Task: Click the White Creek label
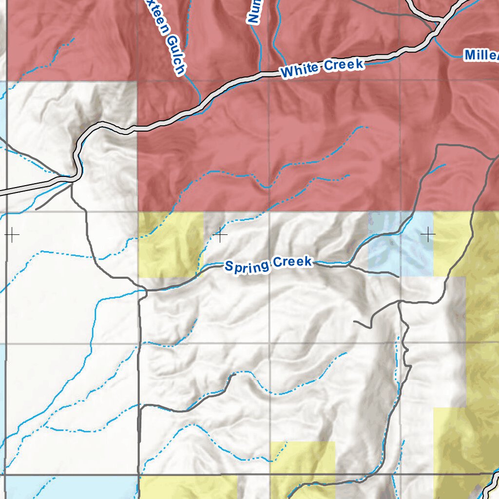pyautogui.click(x=322, y=68)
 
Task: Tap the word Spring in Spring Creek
pyautogui.click(x=247, y=266)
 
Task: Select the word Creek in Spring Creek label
pyautogui.click(x=292, y=262)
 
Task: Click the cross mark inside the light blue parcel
pyautogui.click(x=428, y=235)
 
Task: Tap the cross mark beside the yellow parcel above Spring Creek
pyautogui.click(x=220, y=235)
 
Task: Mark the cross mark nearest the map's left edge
pyautogui.click(x=12, y=235)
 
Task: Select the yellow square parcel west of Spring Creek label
pyautogui.click(x=171, y=245)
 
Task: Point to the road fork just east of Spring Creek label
pyautogui.click(x=349, y=266)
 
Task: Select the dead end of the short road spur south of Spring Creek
pyautogui.click(x=354, y=322)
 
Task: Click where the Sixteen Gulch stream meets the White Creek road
pyautogui.click(x=200, y=103)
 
